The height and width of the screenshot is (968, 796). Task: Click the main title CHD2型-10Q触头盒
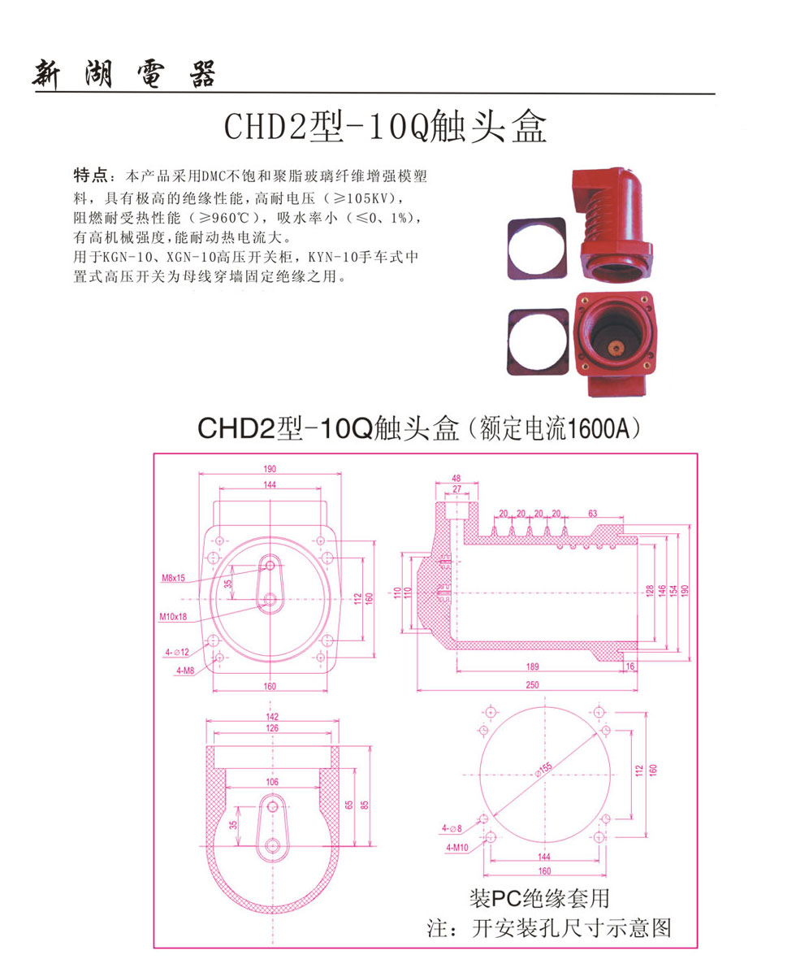385,127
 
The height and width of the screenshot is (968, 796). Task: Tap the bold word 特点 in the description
90,176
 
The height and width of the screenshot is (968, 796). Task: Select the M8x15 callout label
173,579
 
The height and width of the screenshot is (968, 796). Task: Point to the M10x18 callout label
173,617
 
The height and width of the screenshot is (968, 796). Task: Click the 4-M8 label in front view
185,671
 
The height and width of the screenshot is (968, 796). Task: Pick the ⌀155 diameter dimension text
543,769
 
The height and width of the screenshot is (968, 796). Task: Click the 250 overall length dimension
532,684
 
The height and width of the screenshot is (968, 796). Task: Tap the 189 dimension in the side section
532,666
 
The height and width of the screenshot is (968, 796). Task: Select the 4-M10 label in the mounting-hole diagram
457,848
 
